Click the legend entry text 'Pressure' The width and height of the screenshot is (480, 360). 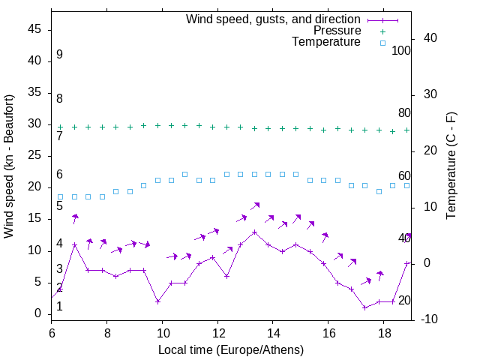click(x=337, y=31)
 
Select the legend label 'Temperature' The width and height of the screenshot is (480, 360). click(x=326, y=43)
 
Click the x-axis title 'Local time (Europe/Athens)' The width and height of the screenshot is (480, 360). click(x=231, y=349)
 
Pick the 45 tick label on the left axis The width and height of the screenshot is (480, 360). click(x=34, y=30)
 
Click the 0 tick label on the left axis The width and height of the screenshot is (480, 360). click(x=37, y=313)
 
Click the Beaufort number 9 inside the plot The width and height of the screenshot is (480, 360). click(x=59, y=55)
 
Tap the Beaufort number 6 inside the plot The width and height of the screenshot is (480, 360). click(x=59, y=175)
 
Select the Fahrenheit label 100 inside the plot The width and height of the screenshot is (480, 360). click(x=401, y=50)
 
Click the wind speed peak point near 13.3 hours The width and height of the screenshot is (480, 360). click(x=255, y=232)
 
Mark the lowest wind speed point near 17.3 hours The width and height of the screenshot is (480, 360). click(x=364, y=307)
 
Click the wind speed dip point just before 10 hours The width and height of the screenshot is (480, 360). click(x=157, y=301)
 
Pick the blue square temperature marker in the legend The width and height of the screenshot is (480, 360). click(x=382, y=43)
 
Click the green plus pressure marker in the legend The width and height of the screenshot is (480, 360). click(x=382, y=31)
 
